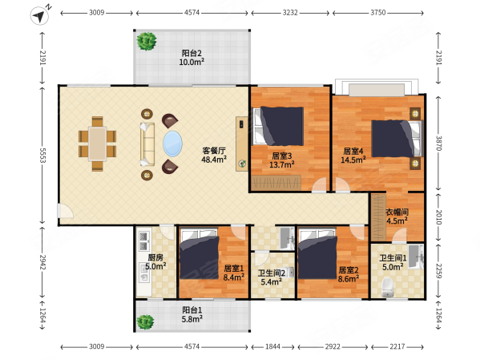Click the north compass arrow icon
tap(39, 16)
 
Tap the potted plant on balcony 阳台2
tap(147, 41)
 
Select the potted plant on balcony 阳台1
tap(145, 322)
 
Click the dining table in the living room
tap(97, 144)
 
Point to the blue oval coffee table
tap(172, 144)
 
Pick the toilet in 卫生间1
tap(388, 287)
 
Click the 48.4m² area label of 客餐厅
tap(214, 160)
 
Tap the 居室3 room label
tap(281, 156)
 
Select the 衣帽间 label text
tap(397, 212)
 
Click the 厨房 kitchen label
tap(155, 258)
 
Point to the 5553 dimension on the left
tap(42, 156)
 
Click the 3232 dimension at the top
tap(290, 13)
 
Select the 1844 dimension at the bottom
tap(272, 346)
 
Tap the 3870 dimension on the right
tap(438, 143)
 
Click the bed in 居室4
tap(397, 139)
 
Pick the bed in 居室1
tap(200, 254)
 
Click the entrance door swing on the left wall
tap(65, 211)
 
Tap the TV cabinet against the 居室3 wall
tap(242, 144)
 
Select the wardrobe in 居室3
tap(276, 183)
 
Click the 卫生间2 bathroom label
tap(271, 273)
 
